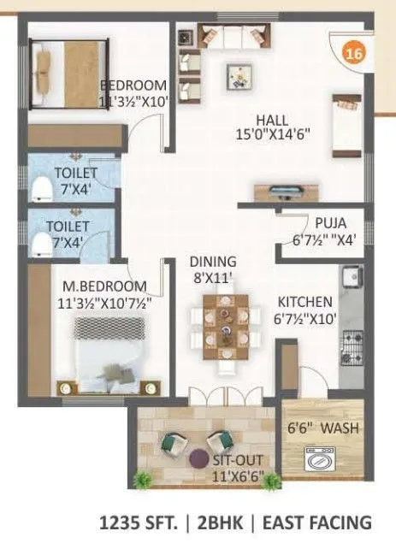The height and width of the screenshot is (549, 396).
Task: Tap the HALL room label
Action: (274, 121)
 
